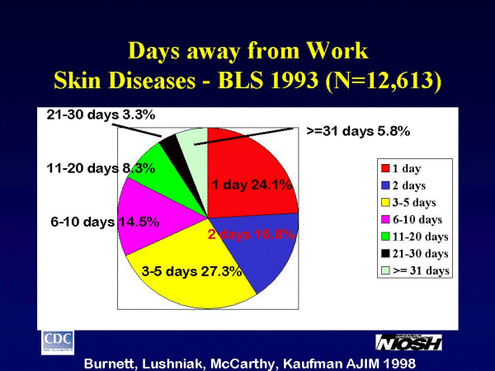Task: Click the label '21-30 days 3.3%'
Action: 101,115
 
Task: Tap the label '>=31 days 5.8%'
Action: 363,130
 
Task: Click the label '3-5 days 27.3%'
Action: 191,270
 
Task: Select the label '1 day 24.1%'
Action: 252,185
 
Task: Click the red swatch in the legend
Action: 386,168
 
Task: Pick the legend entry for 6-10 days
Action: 412,219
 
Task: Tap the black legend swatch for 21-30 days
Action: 386,254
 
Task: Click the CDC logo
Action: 59,340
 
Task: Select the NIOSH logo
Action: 408,341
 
